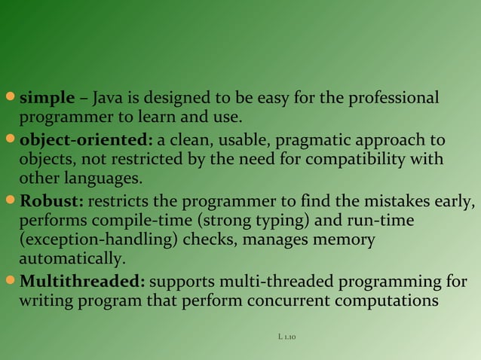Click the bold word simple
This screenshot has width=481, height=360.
tap(47, 99)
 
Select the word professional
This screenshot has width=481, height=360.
tap(397, 99)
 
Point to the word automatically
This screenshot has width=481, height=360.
tap(69, 259)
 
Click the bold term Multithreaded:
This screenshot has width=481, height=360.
tap(82, 282)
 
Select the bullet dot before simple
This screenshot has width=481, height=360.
tap(10, 99)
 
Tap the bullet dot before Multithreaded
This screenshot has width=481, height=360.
tap(10, 282)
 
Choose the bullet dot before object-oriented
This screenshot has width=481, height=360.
tap(10, 141)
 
